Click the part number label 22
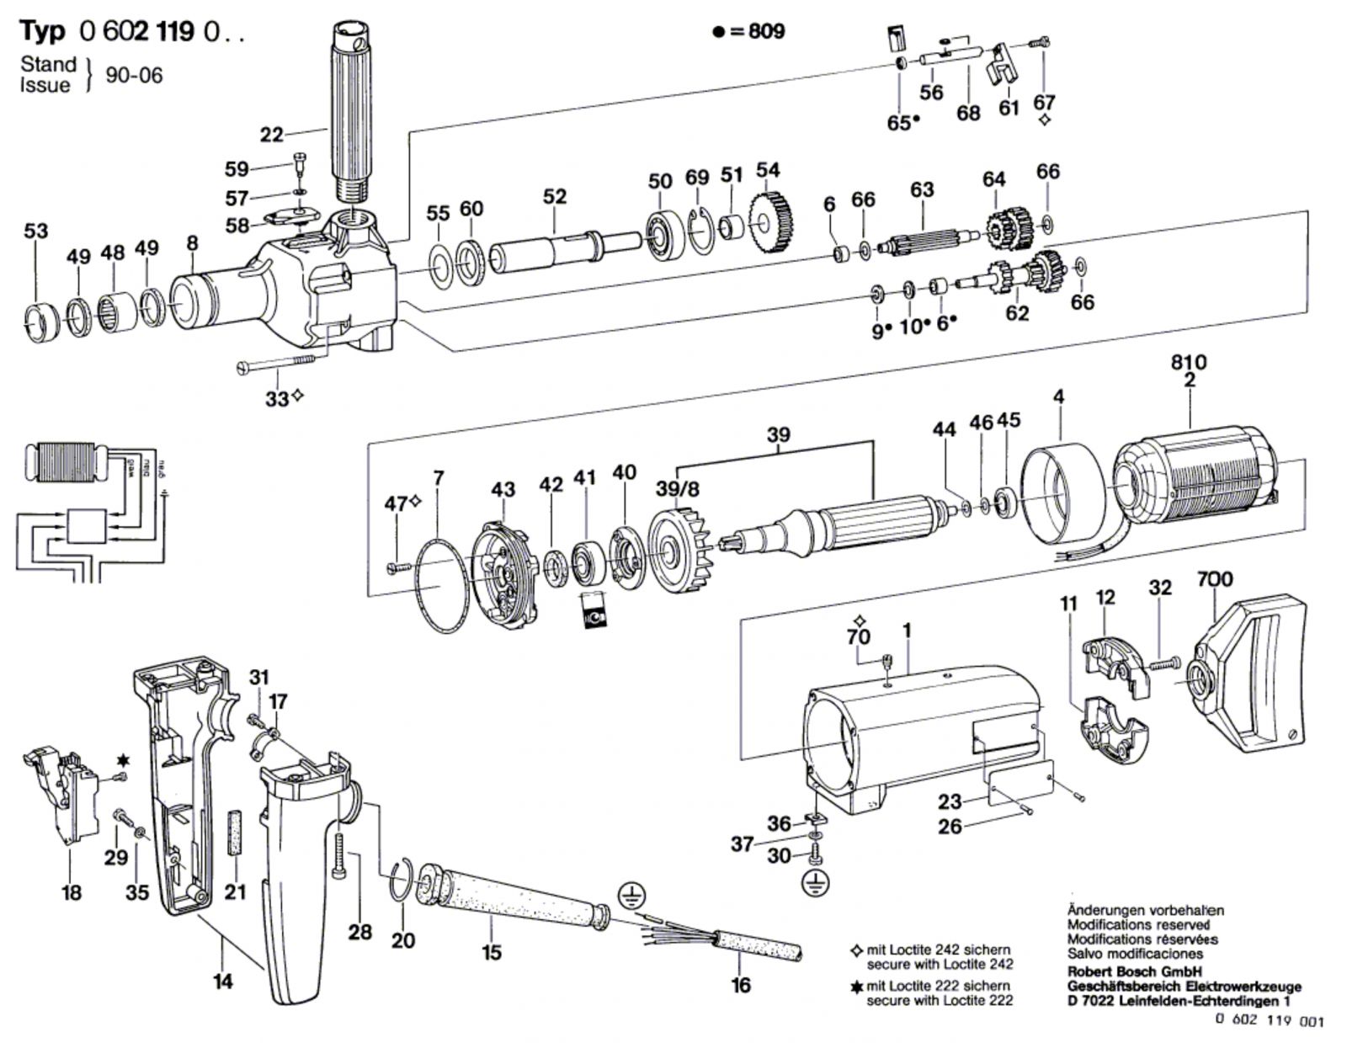point(271,135)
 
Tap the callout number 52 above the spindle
point(555,196)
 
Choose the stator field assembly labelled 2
point(1195,484)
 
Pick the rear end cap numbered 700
point(1246,673)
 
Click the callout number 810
point(1188,362)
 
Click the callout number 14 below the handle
point(222,981)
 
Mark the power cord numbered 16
point(758,947)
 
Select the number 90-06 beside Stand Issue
point(134,75)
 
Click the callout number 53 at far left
point(36,231)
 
